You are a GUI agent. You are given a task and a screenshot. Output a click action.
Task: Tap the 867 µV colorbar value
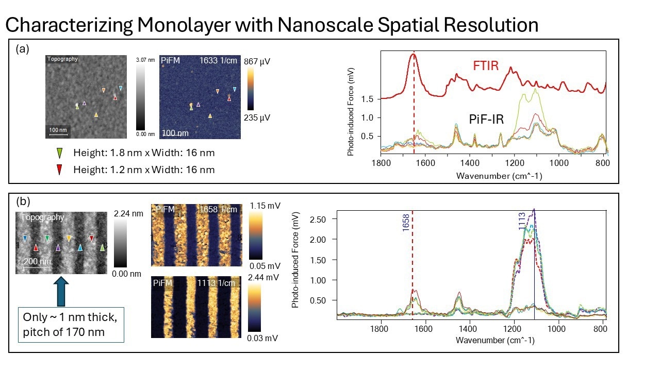(258, 61)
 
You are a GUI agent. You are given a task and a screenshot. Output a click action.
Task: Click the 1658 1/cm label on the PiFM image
(217, 209)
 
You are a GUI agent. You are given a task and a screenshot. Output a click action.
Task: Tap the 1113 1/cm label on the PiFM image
(217, 283)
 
